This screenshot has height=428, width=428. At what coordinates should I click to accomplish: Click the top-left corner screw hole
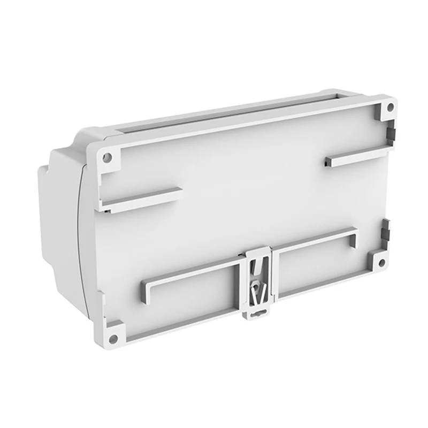pos(107,158)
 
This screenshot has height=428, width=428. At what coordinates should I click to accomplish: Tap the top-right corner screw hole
pos(390,107)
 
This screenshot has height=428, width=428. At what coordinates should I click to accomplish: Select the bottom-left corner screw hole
pos(113,338)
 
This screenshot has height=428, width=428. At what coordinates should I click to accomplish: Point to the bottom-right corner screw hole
pos(381,263)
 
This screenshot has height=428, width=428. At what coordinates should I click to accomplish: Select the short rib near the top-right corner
pos(357,155)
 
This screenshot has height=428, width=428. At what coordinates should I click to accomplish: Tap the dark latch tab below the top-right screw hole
pos(390,131)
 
